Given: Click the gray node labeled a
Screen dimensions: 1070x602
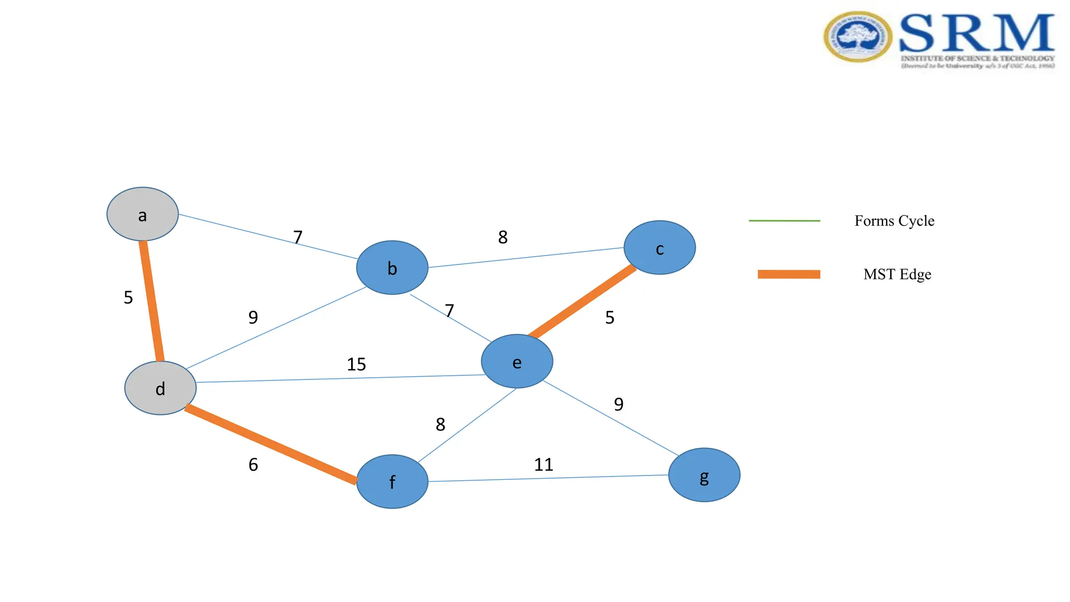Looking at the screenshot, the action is [142, 214].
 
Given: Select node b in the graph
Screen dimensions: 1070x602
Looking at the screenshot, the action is [392, 268].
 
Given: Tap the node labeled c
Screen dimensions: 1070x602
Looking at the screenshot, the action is [659, 248].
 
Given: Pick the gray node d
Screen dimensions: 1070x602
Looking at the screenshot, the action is [160, 388].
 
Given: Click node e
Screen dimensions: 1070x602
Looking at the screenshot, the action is [517, 362].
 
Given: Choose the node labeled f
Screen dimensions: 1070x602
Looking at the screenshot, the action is [392, 481].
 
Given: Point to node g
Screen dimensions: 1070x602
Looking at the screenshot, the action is [704, 475].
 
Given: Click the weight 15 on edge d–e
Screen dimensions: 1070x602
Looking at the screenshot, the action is [356, 364].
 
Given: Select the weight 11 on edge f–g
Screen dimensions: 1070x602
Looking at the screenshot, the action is [543, 465].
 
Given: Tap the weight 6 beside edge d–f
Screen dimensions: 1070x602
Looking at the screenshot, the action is [253, 465].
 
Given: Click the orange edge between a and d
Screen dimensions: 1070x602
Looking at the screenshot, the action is [152, 301].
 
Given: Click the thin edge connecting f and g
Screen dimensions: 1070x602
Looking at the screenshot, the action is [549, 478].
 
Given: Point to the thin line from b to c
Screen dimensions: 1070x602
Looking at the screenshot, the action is [526, 258].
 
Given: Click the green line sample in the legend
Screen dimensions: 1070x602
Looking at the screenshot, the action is [784, 221].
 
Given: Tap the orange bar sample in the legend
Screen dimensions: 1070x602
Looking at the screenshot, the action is [789, 274].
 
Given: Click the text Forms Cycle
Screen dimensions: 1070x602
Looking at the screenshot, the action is [894, 221].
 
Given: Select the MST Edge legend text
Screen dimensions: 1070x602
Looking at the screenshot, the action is [897, 274].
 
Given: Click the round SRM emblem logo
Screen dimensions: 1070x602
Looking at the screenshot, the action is [857, 37].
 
